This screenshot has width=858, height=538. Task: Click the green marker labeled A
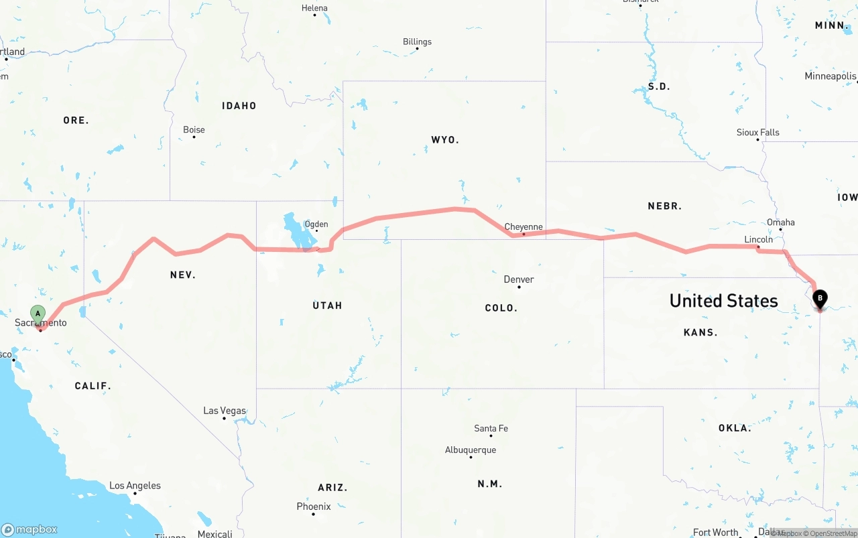click(x=38, y=314)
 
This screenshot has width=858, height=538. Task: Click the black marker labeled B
click(x=819, y=298)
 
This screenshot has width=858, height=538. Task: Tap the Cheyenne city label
click(x=524, y=226)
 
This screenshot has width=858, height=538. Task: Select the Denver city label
click(x=519, y=279)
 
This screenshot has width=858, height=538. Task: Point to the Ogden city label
click(x=316, y=224)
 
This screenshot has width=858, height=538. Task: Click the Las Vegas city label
click(x=225, y=411)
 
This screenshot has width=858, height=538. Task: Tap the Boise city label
click(x=194, y=129)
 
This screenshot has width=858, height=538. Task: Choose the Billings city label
click(x=417, y=42)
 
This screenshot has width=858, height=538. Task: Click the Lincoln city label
click(x=759, y=239)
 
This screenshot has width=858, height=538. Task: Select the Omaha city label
click(x=781, y=222)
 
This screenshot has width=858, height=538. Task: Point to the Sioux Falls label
click(x=758, y=132)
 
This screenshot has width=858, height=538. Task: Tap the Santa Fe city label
click(x=491, y=428)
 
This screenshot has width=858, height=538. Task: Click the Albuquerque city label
click(x=471, y=450)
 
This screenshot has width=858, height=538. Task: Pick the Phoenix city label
click(x=314, y=507)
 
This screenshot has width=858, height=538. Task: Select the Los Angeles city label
click(x=135, y=485)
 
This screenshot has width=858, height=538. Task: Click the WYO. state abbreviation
click(x=445, y=140)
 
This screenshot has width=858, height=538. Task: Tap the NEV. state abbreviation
click(x=183, y=275)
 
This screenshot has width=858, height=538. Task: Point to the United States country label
click(x=724, y=300)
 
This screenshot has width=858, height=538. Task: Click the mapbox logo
click(x=29, y=529)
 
